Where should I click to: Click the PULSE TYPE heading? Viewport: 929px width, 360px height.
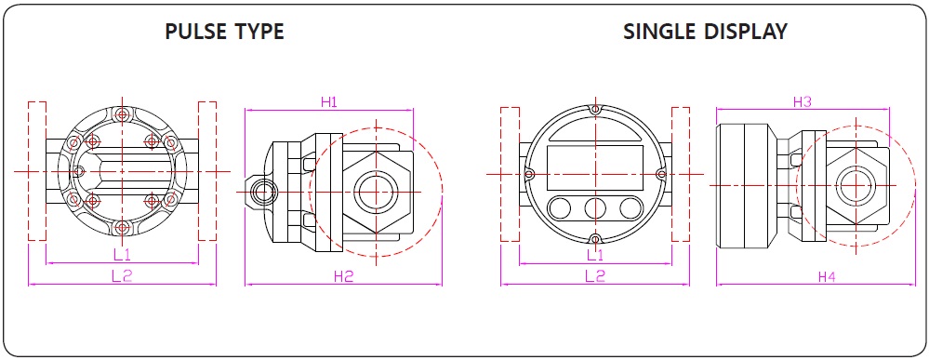(x=224, y=32)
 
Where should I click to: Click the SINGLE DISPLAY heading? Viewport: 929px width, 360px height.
(x=705, y=32)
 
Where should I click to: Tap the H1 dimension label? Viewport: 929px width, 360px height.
(x=329, y=102)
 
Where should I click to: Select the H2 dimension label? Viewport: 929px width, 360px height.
(x=344, y=276)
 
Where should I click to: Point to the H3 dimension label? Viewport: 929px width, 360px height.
(x=803, y=102)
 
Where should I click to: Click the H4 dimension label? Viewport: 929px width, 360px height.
(x=827, y=276)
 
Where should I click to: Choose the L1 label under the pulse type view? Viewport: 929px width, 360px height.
(x=123, y=255)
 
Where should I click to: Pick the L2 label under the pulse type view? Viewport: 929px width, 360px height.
(x=122, y=275)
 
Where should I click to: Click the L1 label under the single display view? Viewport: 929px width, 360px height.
(x=595, y=255)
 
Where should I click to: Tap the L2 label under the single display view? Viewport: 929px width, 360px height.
(x=595, y=276)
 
